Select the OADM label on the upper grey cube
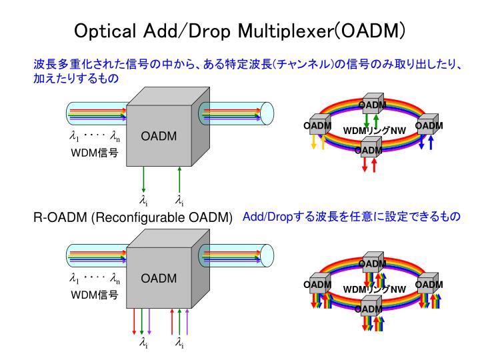[159, 137]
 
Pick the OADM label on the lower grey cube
[159, 279]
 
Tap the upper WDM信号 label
[95, 152]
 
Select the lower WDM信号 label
[95, 294]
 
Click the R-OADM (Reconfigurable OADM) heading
[133, 218]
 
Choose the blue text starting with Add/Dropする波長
[351, 217]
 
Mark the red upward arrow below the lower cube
[172, 321]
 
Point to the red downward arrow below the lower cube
[135, 321]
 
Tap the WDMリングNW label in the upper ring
[374, 129]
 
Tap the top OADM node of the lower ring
[371, 263]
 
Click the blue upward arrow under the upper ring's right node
[431, 142]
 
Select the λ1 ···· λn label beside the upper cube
[95, 137]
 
